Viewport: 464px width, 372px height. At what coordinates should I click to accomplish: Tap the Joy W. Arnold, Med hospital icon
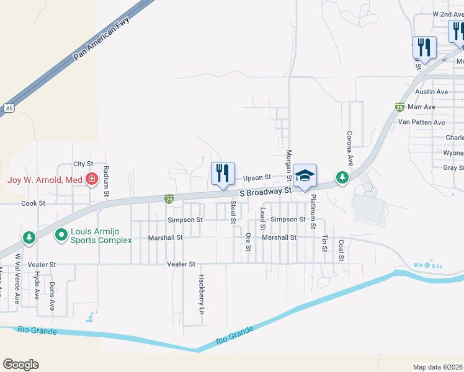click(92, 180)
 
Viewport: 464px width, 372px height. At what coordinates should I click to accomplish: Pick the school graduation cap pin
click(305, 175)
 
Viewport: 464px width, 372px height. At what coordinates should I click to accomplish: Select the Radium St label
click(106, 181)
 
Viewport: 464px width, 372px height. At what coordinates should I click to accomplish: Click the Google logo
click(20, 365)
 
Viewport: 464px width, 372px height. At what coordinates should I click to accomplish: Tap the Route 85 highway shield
click(7, 107)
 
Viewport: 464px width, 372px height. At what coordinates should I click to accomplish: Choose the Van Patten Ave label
click(421, 123)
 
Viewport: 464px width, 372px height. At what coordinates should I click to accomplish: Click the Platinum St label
click(313, 208)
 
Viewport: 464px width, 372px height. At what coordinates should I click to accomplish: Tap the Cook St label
click(33, 203)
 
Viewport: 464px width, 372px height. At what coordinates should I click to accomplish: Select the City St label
click(83, 164)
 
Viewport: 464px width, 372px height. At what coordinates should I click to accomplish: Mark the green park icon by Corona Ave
click(342, 178)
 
